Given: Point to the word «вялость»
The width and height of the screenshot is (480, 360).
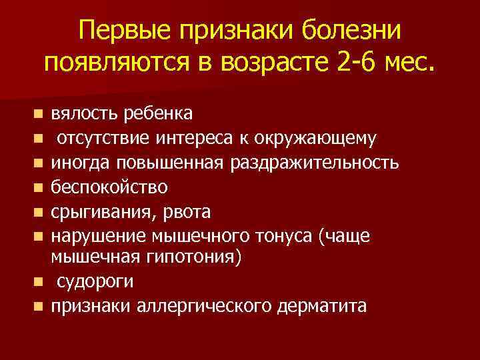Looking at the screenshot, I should tap(85, 114).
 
